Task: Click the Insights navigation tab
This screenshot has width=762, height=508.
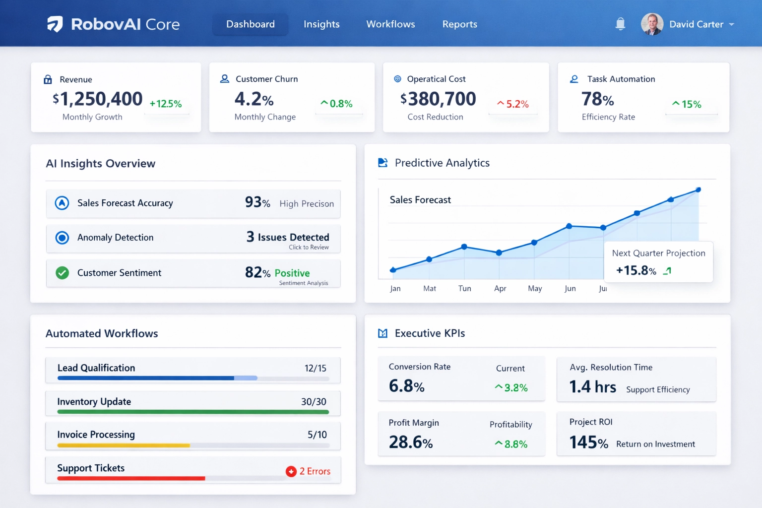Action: [x=321, y=24]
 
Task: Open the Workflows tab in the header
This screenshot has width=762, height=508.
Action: [x=390, y=24]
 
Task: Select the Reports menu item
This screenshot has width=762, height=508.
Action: [x=459, y=24]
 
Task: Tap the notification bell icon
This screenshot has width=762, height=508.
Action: [x=620, y=24]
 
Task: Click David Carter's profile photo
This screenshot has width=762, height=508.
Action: [x=652, y=24]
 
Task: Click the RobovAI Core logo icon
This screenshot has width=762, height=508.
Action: [x=55, y=24]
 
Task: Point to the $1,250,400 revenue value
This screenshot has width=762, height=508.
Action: [x=98, y=99]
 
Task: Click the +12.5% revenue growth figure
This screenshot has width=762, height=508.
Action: [x=166, y=104]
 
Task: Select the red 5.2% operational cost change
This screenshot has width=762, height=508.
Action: [x=513, y=104]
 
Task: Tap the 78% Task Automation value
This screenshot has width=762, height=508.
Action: [x=597, y=99]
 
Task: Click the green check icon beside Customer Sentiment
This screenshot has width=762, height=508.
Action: [x=62, y=273]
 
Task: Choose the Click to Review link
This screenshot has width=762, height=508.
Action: [x=309, y=247]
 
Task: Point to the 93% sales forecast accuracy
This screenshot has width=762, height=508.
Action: [x=257, y=202]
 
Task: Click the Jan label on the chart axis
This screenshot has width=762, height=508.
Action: [x=395, y=288]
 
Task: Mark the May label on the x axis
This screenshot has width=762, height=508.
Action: [x=535, y=288]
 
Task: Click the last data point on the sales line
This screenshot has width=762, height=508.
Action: [x=698, y=190]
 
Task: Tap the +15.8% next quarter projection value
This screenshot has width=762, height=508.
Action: [x=636, y=270]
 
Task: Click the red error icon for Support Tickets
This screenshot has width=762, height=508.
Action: [x=291, y=471]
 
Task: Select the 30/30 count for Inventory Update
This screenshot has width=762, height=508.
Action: [x=314, y=402]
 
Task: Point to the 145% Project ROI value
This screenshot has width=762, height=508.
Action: [x=588, y=442]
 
